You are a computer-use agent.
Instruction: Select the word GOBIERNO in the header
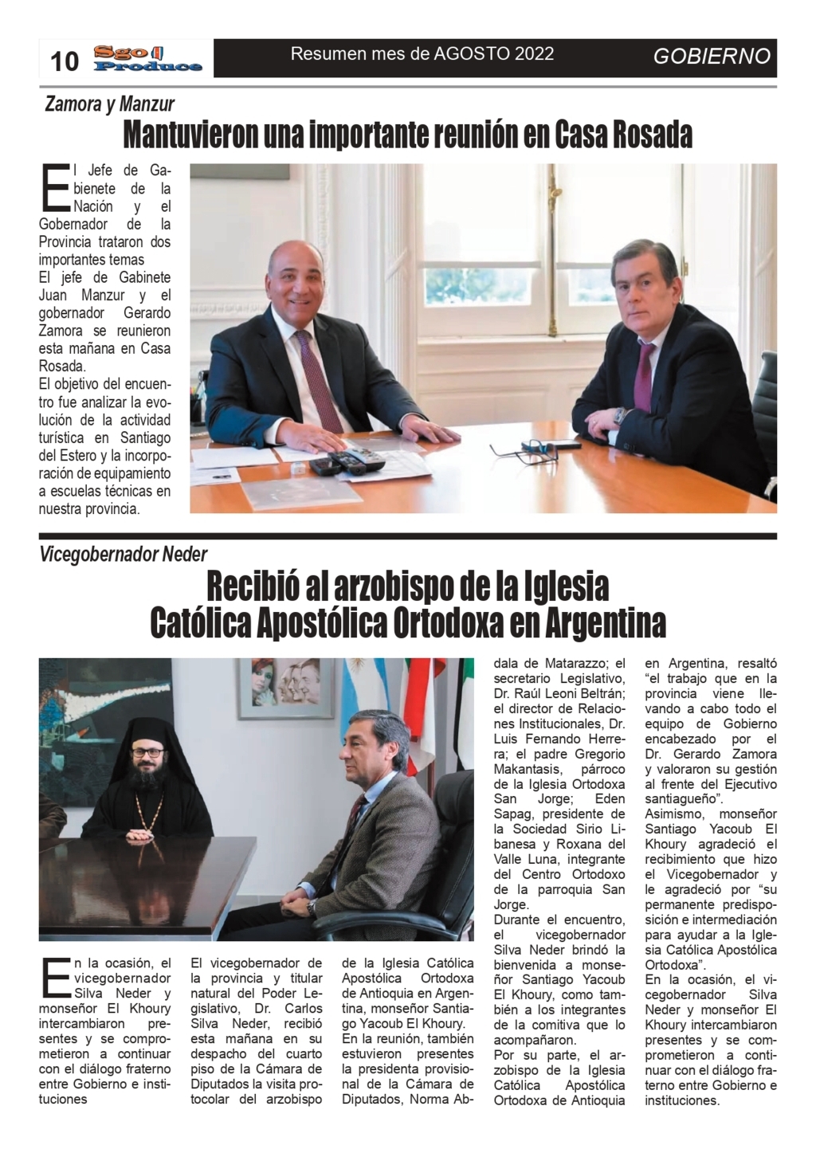point(712,57)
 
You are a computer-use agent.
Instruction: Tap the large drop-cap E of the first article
point(53,189)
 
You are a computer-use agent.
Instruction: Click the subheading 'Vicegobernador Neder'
point(124,554)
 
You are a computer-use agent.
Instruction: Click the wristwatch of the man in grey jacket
point(312,905)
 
